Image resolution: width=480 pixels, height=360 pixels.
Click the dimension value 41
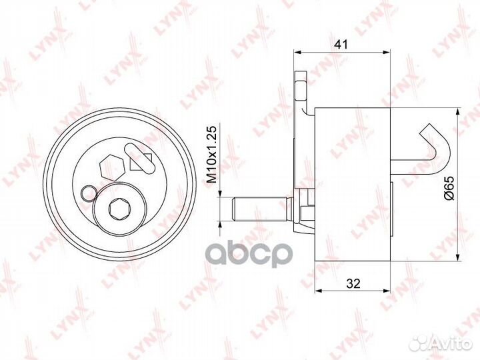(x=341, y=45)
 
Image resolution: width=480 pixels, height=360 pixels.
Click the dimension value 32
(x=353, y=284)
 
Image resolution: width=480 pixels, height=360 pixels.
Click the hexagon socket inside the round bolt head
(x=120, y=209)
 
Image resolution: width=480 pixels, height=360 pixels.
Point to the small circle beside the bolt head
(x=89, y=194)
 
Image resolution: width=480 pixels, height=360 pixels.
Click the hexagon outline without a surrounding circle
(x=112, y=168)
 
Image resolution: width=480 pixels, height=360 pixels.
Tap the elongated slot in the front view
(x=139, y=157)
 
